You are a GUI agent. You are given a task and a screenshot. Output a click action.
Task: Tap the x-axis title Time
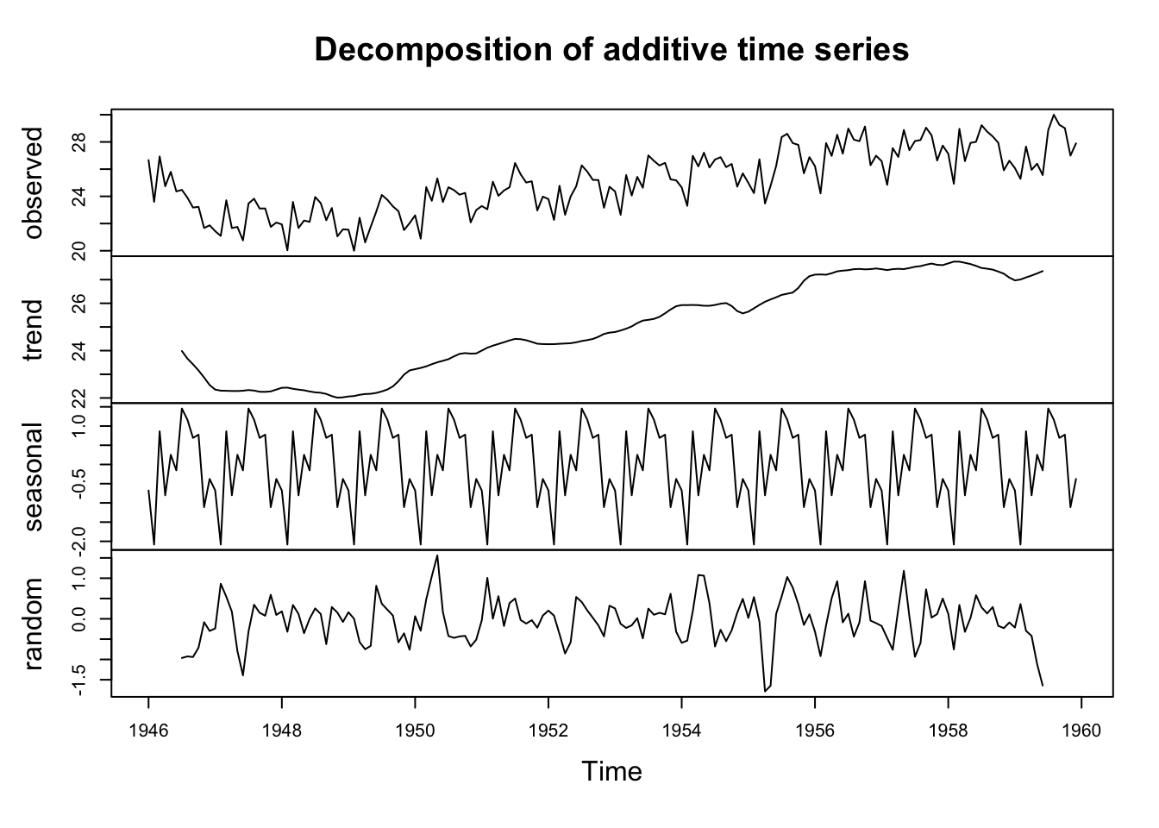pos(611,770)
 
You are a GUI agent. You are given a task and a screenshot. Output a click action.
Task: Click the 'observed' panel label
pos(34,182)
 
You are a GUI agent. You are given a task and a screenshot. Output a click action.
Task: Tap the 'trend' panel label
pos(34,329)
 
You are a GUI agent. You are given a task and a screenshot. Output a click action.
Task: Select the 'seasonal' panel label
pos(34,476)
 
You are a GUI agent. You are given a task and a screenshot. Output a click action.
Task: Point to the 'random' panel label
pos(34,624)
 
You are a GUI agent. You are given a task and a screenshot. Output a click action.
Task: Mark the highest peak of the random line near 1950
pos(437,555)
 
